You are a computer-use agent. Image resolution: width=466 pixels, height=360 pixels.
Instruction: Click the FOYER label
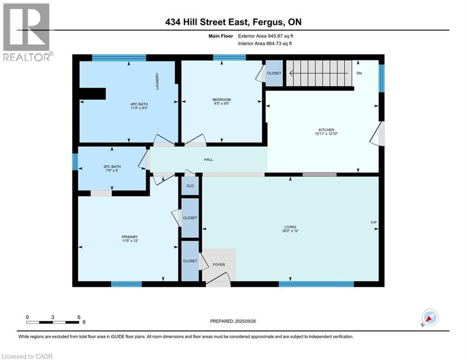pos(219,265)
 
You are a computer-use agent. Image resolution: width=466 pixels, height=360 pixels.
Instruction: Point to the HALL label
pos(208,159)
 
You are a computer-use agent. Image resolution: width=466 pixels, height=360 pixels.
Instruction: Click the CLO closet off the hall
pos(190,185)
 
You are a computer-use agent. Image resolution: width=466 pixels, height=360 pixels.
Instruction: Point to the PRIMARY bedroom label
pos(130,237)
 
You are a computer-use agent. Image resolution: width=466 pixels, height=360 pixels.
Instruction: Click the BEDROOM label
pos(222,99)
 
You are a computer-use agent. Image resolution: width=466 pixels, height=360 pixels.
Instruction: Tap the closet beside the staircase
pos(274,74)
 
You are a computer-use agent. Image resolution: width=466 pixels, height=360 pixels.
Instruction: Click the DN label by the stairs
pos(359,74)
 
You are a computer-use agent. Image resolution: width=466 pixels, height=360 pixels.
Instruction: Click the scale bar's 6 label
pos(79,317)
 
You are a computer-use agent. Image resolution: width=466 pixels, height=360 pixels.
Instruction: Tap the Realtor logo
pos(27,32)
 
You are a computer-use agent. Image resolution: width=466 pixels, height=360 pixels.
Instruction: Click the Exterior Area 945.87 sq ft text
pos(265,36)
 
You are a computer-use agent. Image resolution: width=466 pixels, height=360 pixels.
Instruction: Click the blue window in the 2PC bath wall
pos(74,162)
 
